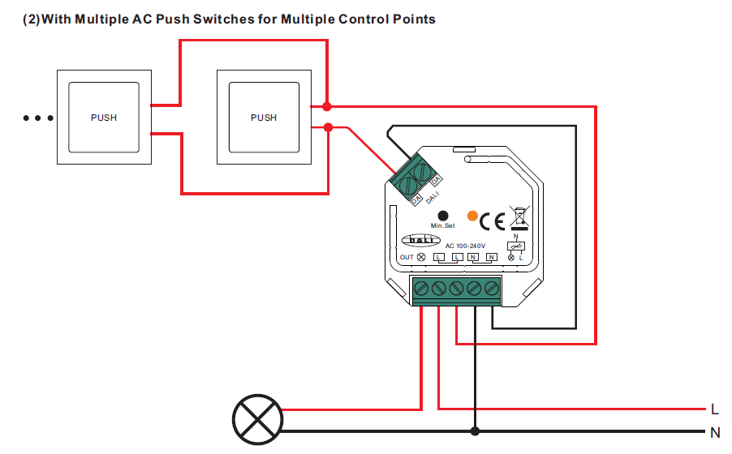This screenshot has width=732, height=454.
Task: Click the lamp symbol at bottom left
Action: pyautogui.click(x=257, y=420)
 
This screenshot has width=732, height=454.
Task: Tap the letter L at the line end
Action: pyautogui.click(x=714, y=409)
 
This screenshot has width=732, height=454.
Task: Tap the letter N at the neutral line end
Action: pyautogui.click(x=714, y=432)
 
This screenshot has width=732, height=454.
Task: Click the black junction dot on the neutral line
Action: pyautogui.click(x=475, y=431)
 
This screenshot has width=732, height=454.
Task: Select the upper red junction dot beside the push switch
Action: pyautogui.click(x=327, y=106)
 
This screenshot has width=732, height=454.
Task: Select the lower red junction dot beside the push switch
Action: pyautogui.click(x=327, y=127)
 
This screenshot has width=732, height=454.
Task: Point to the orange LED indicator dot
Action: pyautogui.click(x=472, y=215)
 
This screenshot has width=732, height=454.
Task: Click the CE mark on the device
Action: pyautogui.click(x=492, y=221)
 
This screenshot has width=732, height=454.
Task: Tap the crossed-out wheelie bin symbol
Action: pyautogui.click(x=517, y=217)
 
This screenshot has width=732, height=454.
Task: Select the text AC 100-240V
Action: pyautogui.click(x=465, y=246)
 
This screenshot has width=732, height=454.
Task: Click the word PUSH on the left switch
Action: pyautogui.click(x=103, y=118)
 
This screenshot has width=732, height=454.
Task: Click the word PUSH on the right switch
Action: pyautogui.click(x=264, y=118)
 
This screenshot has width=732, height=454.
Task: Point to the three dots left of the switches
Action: pyautogui.click(x=38, y=118)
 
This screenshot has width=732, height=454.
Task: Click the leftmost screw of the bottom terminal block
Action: pyautogui.click(x=421, y=288)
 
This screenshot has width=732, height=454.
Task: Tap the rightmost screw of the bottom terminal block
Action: pyautogui.click(x=491, y=288)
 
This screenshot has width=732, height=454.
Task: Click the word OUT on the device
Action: pyautogui.click(x=407, y=257)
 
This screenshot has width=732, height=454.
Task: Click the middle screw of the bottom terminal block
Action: pyautogui.click(x=456, y=288)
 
